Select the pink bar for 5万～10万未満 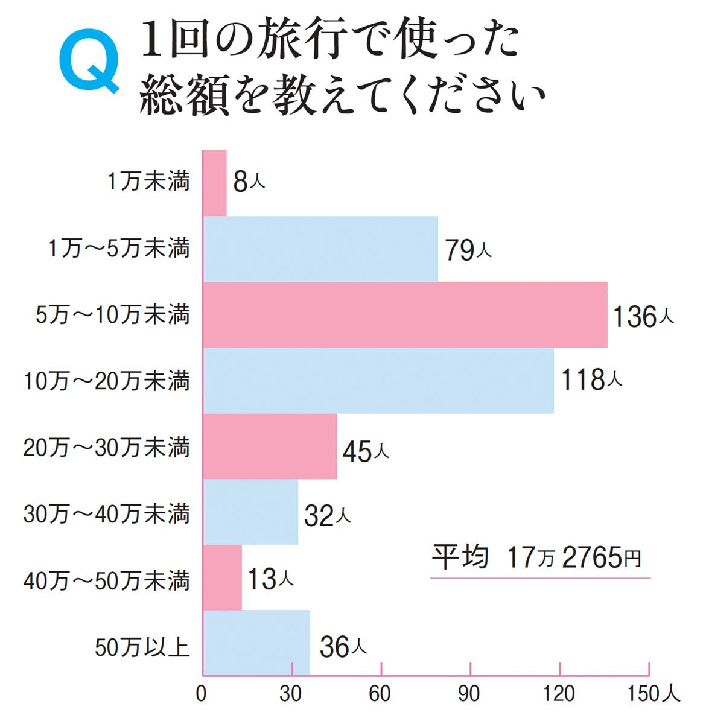tap(404, 314)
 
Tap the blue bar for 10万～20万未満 tap(378, 381)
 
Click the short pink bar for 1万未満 tap(214, 182)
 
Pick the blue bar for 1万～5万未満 tap(320, 249)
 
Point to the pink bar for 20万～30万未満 tap(269, 446)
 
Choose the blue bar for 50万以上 tap(256, 643)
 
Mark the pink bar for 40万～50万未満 tap(222, 578)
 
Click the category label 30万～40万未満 tap(107, 514)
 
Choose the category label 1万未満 tap(148, 182)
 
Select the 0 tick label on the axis tap(202, 695)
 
